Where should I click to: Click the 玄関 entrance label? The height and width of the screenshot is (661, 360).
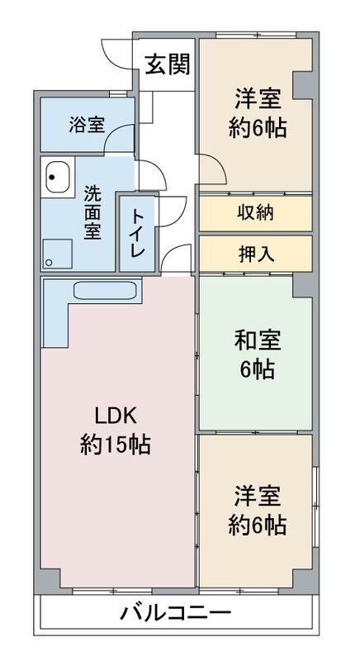click(168, 64)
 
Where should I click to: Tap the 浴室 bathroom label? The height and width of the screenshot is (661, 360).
click(88, 125)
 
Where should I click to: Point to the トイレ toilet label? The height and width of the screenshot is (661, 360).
click(139, 233)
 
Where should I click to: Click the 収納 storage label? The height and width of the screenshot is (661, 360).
click(256, 213)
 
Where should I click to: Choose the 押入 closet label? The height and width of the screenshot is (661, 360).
click(257, 254)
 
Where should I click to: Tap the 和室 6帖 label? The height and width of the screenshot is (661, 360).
click(258, 354)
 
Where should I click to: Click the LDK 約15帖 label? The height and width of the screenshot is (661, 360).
click(115, 430)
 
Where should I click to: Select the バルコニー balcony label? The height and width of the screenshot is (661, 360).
click(176, 612)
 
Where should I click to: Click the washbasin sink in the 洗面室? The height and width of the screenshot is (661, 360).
click(58, 177)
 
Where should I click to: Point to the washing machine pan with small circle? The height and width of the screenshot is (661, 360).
click(57, 254)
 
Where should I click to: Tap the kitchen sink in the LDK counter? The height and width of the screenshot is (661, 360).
click(105, 290)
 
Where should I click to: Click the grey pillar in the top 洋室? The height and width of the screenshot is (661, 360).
click(302, 86)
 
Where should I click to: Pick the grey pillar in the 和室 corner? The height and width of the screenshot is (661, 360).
click(303, 286)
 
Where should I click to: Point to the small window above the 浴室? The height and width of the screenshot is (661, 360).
click(118, 93)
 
